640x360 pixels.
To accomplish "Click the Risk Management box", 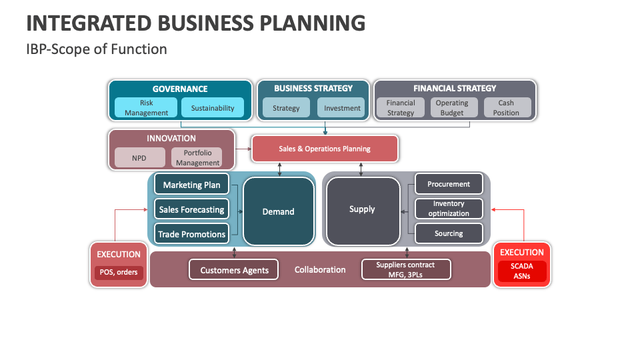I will (146, 108).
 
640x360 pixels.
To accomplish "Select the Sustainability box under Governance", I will (213, 108).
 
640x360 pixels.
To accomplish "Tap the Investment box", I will (342, 108).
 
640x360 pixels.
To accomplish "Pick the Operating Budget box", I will (452, 108).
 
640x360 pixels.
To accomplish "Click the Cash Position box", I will (506, 108).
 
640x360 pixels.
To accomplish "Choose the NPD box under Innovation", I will (139, 158).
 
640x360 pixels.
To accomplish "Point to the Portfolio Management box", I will (197, 158).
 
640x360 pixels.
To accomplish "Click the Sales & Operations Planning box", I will (325, 149).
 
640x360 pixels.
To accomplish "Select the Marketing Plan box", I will (191, 185).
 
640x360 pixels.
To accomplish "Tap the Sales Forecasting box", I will (191, 209).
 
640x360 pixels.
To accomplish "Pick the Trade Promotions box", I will (191, 234).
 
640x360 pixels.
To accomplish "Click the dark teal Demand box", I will (278, 211).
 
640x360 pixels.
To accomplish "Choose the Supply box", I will (362, 209).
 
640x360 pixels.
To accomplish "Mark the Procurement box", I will (449, 184).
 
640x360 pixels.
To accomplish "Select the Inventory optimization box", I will (449, 209).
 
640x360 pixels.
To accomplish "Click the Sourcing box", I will (449, 233).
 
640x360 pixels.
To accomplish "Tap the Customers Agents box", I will (234, 270).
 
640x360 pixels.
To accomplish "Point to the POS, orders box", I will (118, 272).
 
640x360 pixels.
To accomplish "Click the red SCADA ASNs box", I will (522, 271).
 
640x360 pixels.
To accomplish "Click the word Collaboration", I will (320, 270).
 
